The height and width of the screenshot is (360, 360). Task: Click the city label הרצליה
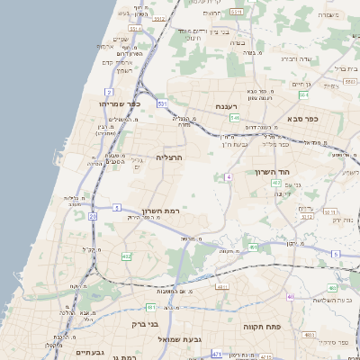(x=169, y=157)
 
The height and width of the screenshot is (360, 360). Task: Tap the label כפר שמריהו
(x=122, y=103)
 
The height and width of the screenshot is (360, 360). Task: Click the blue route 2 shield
(x=109, y=92)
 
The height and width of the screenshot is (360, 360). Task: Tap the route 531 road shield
(x=162, y=104)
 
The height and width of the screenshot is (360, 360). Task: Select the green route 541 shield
(x=234, y=118)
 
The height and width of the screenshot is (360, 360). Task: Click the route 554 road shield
(x=304, y=94)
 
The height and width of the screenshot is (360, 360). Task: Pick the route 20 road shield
(x=93, y=216)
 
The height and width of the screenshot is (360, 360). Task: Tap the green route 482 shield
(x=126, y=256)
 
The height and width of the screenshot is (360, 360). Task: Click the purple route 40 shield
(x=290, y=296)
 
